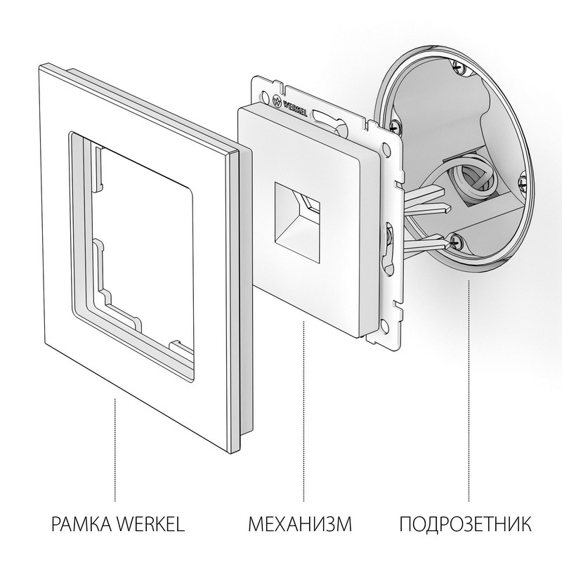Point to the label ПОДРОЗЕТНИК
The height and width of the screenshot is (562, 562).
(x=466, y=524)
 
